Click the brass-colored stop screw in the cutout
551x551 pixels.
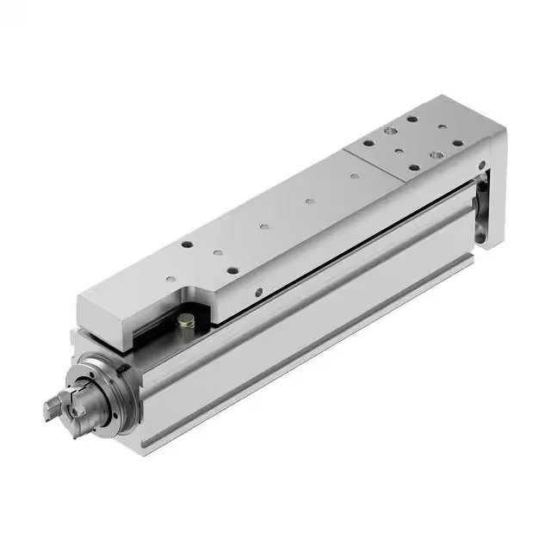[x=185, y=320]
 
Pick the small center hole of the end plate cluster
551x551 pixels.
[x=401, y=152]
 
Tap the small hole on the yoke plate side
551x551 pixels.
[x=483, y=164]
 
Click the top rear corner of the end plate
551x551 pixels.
[x=502, y=129]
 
